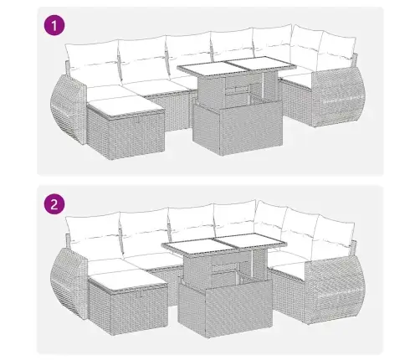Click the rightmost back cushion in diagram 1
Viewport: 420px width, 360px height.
click(x=307, y=49)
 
